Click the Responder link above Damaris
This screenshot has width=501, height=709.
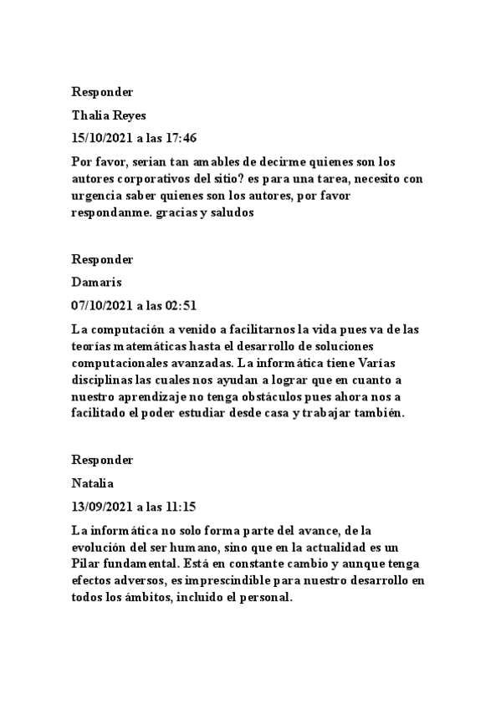coord(102,259)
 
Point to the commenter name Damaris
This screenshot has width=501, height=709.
coord(97,283)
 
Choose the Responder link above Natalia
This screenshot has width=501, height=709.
coord(102,460)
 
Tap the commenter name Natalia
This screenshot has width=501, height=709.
coord(93,483)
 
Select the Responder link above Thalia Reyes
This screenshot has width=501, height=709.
coord(102,92)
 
